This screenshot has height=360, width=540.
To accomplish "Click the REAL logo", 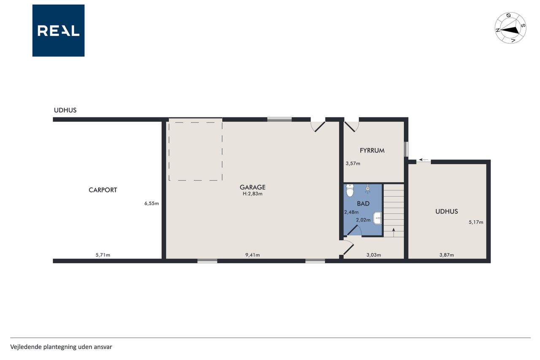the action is click(x=58, y=31).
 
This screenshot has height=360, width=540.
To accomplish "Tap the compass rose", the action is click(x=510, y=28).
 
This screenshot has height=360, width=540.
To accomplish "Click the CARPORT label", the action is click(x=103, y=190).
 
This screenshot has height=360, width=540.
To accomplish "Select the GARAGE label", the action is click(x=253, y=187).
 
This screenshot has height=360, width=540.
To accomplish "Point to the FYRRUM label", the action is click(x=372, y=151).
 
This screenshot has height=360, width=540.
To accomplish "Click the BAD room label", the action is click(x=363, y=204).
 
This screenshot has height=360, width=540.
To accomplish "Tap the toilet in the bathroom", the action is click(x=350, y=190).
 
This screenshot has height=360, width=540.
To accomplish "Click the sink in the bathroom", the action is click(x=377, y=218).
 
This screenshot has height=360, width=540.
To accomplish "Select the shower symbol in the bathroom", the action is click(x=367, y=189).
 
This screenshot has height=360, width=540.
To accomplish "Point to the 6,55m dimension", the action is click(x=151, y=203).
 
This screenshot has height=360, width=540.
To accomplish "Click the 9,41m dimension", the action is click(x=253, y=255).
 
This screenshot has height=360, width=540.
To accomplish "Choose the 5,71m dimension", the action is click(x=103, y=255).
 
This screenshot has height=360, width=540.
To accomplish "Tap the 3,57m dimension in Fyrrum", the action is click(x=353, y=163).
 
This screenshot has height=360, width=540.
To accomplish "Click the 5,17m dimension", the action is click(x=476, y=222).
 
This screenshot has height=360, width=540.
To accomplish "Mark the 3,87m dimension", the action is click(x=447, y=255).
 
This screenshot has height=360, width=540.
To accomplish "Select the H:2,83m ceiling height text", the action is click(x=253, y=194).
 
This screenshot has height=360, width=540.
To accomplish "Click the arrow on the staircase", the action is click(x=394, y=233).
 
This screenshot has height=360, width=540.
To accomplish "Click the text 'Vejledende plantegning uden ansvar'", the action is click(x=61, y=347).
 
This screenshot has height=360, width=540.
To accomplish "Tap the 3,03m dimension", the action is click(x=374, y=255).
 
